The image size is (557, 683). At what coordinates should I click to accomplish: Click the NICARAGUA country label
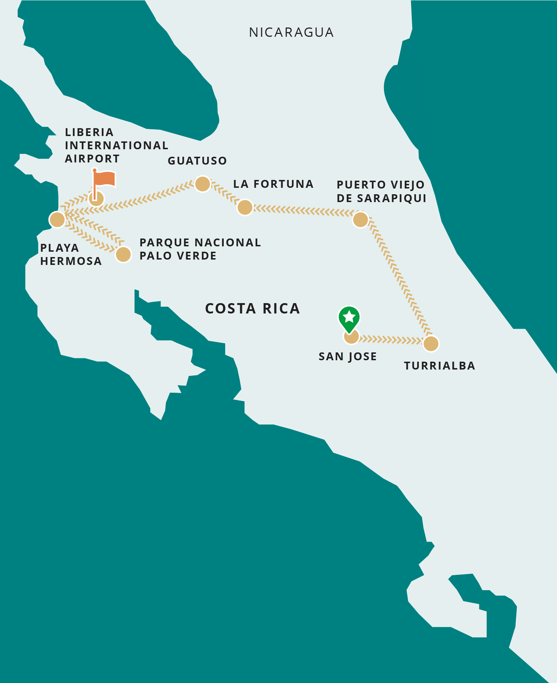pyautogui.click(x=291, y=32)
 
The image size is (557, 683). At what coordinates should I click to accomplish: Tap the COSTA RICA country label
pyautogui.click(x=252, y=308)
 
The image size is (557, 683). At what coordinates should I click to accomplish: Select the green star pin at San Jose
pyautogui.click(x=349, y=317)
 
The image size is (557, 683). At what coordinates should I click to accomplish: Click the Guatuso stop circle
pyautogui.click(x=203, y=184)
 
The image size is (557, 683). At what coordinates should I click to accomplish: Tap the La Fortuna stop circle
pyautogui.click(x=245, y=207)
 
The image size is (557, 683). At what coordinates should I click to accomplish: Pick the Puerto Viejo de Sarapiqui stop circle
pyautogui.click(x=360, y=220)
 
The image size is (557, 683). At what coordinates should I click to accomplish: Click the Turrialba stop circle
pyautogui.click(x=431, y=344)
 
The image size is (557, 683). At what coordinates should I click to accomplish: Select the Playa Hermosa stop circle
pyautogui.click(x=57, y=220)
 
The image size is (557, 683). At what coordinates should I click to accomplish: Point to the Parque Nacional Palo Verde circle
pyautogui.click(x=123, y=255)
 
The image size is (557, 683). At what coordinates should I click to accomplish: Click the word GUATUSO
pyautogui.click(x=197, y=161)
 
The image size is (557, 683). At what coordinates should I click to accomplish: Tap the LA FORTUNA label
pyautogui.click(x=273, y=184)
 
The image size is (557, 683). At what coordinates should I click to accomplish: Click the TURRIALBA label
pyautogui.click(x=440, y=366)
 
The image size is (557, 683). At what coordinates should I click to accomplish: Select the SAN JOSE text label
pyautogui.click(x=348, y=357)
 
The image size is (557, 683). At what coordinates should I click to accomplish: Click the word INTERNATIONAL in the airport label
pyautogui.click(x=116, y=146)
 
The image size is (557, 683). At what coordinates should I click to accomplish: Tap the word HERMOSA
pyautogui.click(x=71, y=261)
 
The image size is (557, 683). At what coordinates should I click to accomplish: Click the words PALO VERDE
pyautogui.click(x=178, y=256)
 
